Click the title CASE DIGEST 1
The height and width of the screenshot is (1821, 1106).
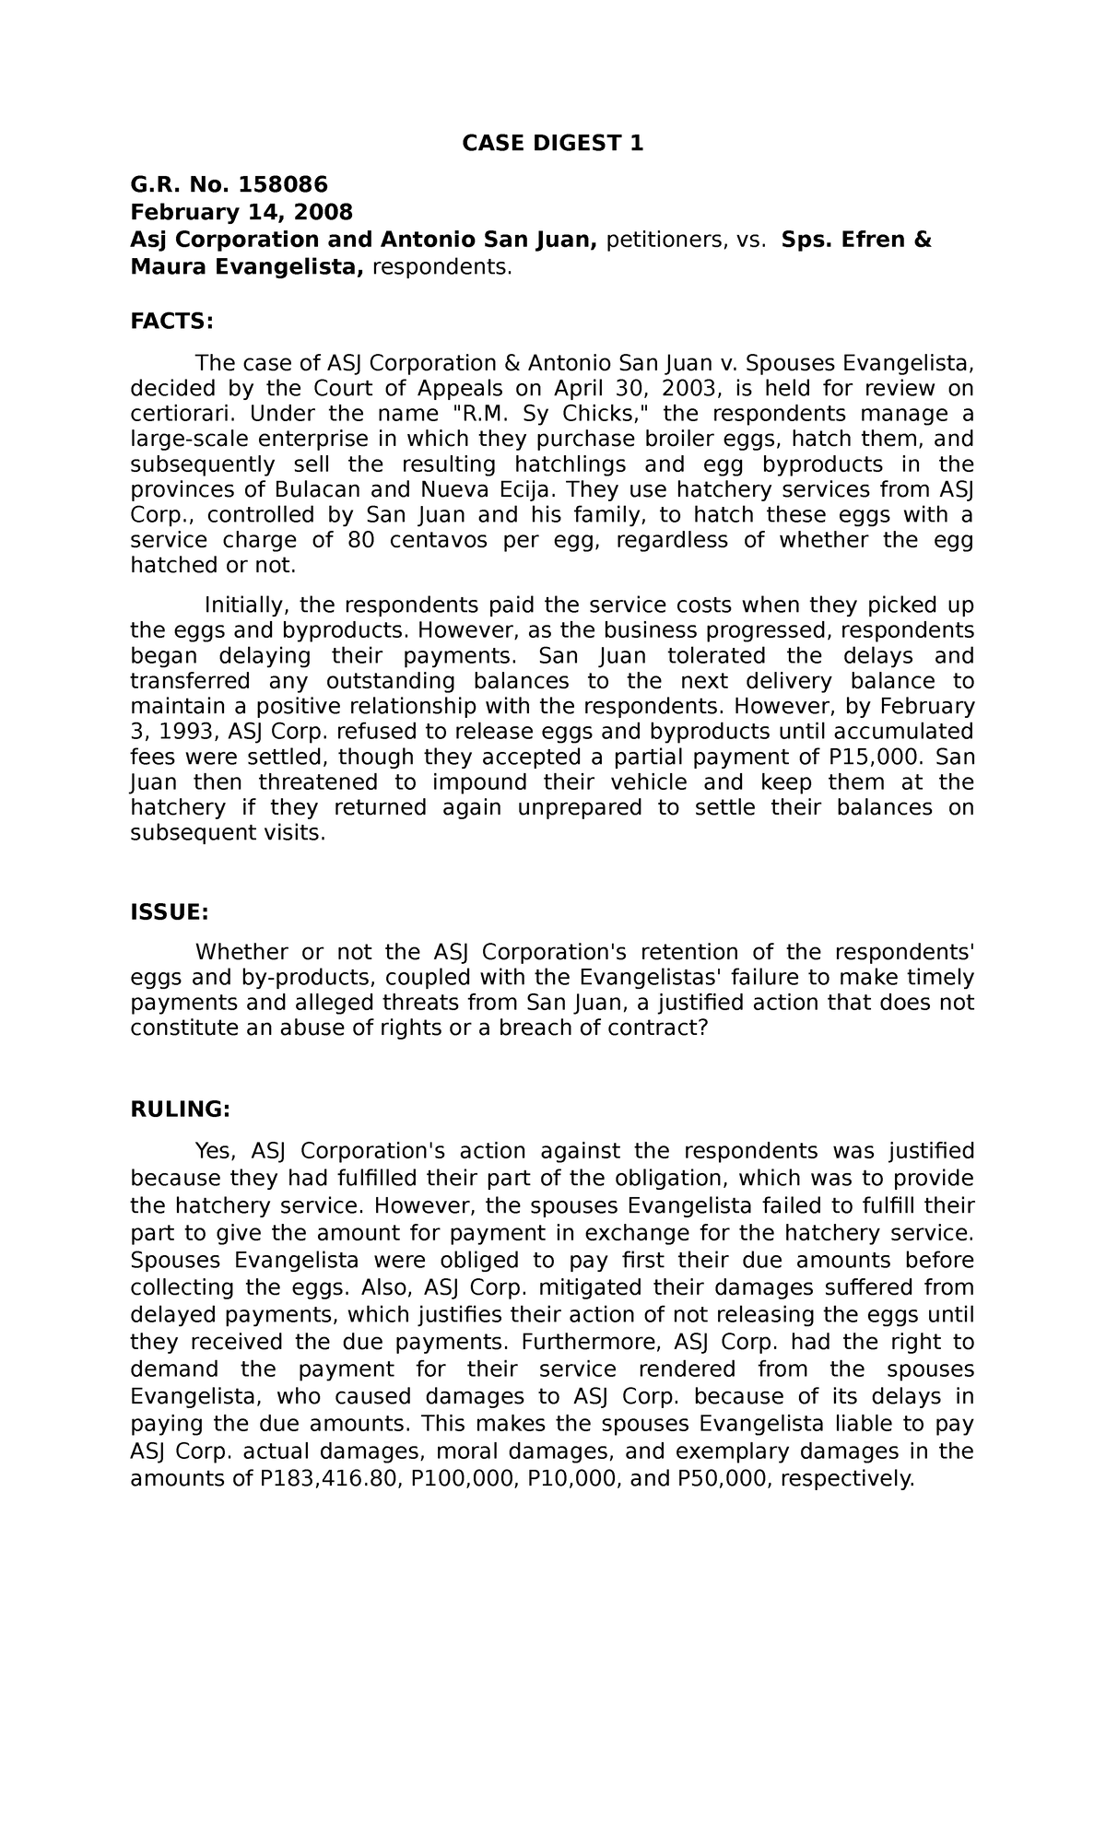(552, 144)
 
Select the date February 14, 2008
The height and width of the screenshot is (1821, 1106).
(241, 213)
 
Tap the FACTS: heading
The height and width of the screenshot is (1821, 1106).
(171, 321)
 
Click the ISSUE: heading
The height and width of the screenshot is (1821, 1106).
(170, 912)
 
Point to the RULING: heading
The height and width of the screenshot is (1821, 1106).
(180, 1110)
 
